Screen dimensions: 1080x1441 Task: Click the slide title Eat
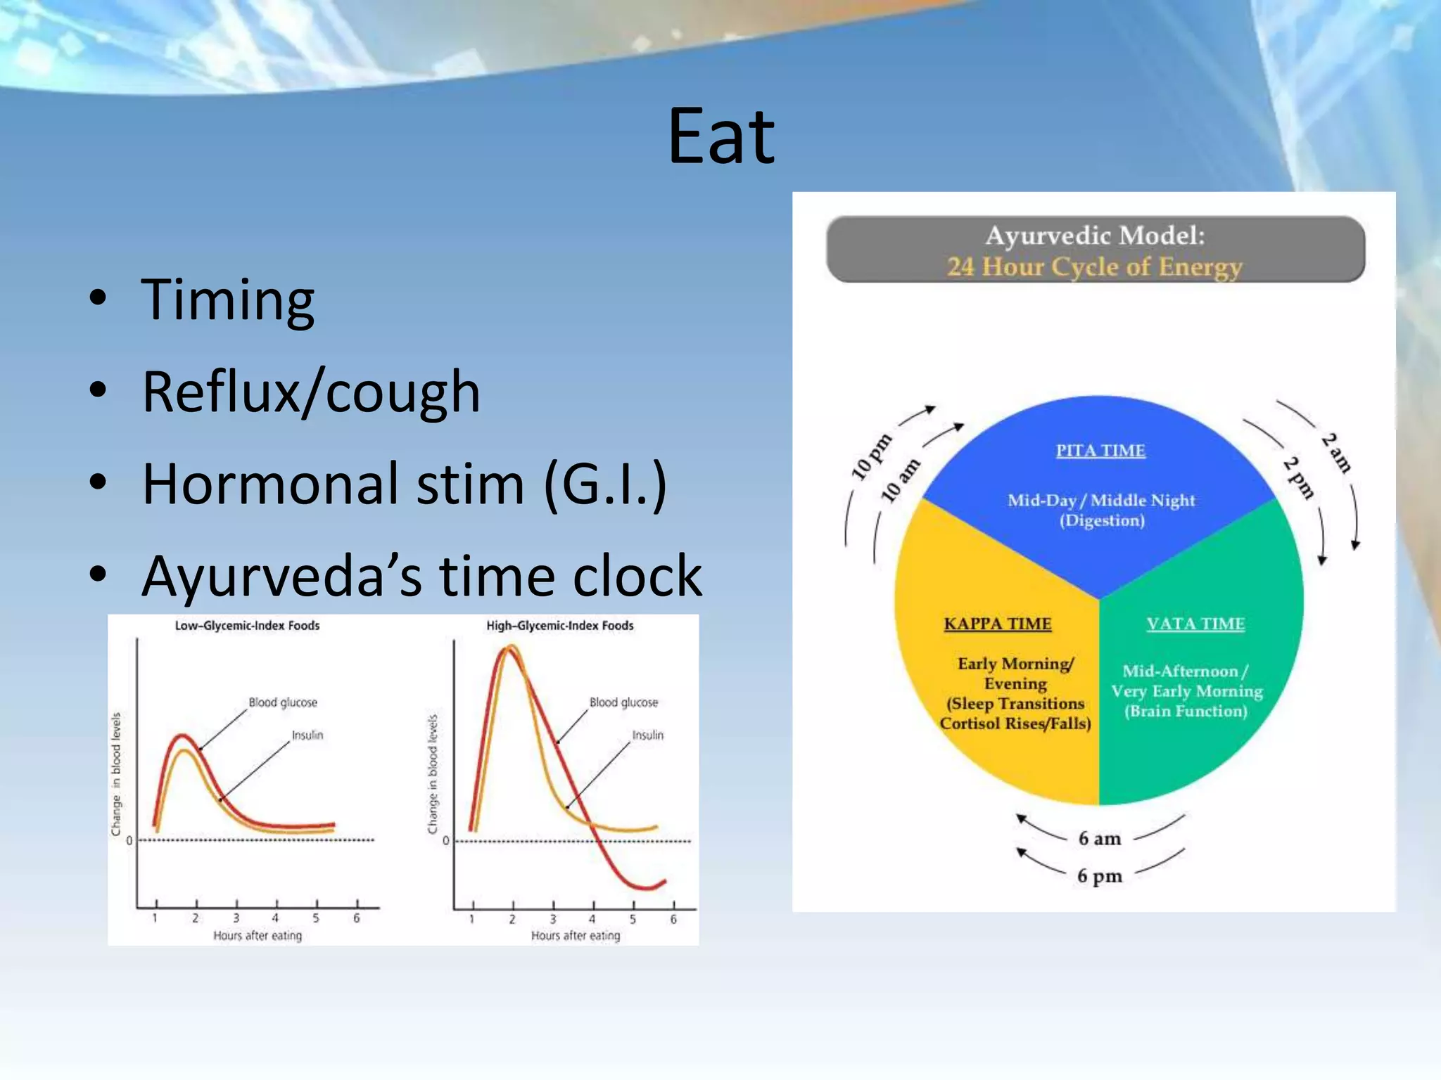coord(720,137)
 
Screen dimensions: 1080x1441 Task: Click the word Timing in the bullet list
coord(227,301)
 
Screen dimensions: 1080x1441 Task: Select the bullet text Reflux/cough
coord(311,392)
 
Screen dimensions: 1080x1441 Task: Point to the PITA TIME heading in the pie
coord(1100,451)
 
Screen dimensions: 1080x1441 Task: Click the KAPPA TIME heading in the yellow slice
coord(998,624)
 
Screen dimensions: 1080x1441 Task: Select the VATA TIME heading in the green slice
coord(1195,624)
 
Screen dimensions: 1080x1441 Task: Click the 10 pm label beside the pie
coord(871,458)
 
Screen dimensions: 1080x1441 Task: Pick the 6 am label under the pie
coord(1100,838)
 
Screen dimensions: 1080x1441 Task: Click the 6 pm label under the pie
coord(1100,876)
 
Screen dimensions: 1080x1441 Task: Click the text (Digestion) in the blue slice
coord(1102,520)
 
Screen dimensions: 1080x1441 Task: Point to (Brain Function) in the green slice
coord(1186,712)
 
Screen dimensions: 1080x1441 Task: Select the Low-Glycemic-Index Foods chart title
coord(247,626)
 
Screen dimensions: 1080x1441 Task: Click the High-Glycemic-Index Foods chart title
coord(560,626)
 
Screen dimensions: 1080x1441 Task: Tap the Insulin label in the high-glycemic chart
coord(647,735)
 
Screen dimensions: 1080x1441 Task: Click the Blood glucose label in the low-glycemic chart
coord(283,702)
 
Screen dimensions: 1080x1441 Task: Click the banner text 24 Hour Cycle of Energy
coord(1095,267)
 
